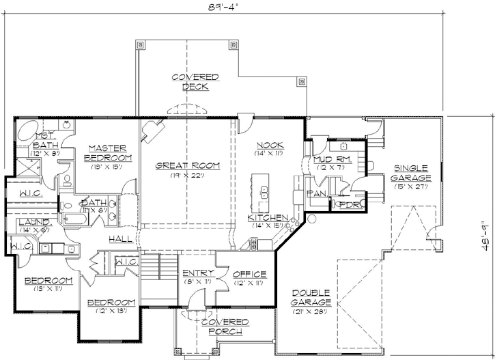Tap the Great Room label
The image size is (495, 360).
click(x=186, y=165)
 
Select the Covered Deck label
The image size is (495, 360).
click(x=195, y=82)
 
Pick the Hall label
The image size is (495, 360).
click(x=120, y=239)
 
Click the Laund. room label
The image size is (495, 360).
click(x=33, y=222)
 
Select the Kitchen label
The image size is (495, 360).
click(x=268, y=217)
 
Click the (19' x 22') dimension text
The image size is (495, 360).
click(x=186, y=176)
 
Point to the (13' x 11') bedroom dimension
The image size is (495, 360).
click(x=48, y=290)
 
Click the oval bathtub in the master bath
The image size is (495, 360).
click(x=27, y=130)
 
